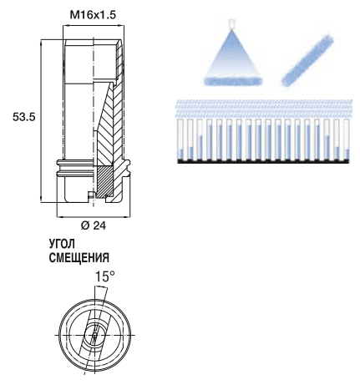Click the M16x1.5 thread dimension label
93,15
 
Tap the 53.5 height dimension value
24,117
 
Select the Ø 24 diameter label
94,225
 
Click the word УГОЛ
62,244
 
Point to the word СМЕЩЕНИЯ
79,258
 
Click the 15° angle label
105,276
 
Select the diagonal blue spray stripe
307,60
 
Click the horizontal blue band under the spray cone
233,81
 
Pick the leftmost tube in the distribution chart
182,140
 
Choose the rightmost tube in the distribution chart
347,140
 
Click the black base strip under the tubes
263,161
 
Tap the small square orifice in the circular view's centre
94,335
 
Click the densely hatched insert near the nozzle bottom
105,181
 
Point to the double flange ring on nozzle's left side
74,169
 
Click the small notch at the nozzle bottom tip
91,195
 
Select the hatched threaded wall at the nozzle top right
119,60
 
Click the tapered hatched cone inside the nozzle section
107,125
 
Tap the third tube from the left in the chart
200,140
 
